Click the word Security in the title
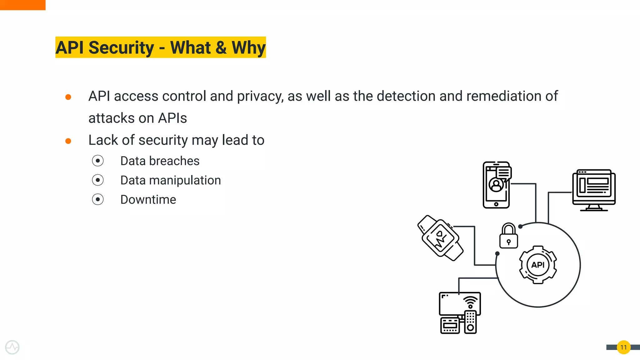tap(121, 48)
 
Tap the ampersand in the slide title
tap(221, 48)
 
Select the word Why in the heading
tap(248, 48)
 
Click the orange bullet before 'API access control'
tap(68, 97)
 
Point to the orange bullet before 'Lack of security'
tap(68, 141)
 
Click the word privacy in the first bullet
tap(260, 96)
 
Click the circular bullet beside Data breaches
tap(98, 161)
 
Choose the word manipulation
tap(185, 180)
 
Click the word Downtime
tap(148, 200)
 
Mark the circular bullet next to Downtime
tap(98, 199)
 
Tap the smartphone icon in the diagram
tap(496, 185)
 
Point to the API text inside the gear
tap(538, 265)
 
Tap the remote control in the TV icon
tap(470, 322)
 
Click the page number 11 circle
tap(623, 347)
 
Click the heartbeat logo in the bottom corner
tap(12, 347)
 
